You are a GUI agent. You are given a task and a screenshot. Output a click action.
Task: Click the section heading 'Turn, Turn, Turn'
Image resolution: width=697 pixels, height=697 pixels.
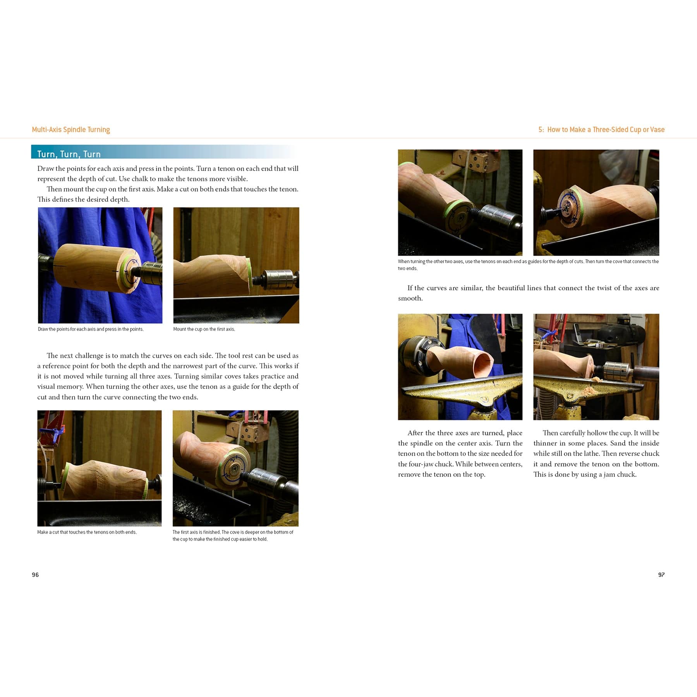69,154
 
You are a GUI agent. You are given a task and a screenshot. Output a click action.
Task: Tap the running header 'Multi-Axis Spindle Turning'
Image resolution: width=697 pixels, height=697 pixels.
71,129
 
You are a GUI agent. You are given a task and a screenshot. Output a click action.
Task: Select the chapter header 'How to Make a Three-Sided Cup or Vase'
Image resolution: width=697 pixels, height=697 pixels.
606,129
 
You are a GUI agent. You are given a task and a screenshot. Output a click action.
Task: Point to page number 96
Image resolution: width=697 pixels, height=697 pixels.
35,575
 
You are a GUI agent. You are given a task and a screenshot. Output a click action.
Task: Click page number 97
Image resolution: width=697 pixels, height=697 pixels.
661,575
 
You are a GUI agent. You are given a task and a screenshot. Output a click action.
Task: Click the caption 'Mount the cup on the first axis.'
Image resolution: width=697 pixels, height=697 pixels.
204,329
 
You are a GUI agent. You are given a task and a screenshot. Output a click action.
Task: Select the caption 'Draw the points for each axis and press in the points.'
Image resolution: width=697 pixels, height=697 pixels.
91,329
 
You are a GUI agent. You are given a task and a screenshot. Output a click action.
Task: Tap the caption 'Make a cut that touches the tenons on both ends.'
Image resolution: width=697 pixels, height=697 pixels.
87,532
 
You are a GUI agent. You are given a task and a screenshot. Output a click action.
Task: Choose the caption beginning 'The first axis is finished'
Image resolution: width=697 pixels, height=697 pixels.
233,536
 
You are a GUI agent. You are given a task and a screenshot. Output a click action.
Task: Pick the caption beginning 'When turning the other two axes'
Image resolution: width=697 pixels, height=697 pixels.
528,265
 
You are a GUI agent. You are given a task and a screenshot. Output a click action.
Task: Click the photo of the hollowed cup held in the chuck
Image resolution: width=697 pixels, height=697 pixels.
460,367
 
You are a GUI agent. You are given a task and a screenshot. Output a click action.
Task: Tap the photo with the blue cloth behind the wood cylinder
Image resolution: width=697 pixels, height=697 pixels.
100,265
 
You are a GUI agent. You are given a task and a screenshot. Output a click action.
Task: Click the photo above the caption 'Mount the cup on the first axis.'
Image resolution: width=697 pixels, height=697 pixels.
236,265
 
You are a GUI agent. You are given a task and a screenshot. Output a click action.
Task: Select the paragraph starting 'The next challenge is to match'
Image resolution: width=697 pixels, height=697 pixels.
168,376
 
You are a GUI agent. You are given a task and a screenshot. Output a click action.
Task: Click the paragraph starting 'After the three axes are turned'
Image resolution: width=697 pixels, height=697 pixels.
460,453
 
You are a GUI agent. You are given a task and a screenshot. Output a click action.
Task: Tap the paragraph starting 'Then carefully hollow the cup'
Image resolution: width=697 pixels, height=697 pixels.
596,453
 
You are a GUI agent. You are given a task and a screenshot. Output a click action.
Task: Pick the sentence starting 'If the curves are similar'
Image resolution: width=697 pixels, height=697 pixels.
529,293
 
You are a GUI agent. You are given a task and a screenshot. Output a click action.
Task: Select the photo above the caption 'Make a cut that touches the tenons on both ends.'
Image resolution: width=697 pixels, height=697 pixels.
100,468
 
